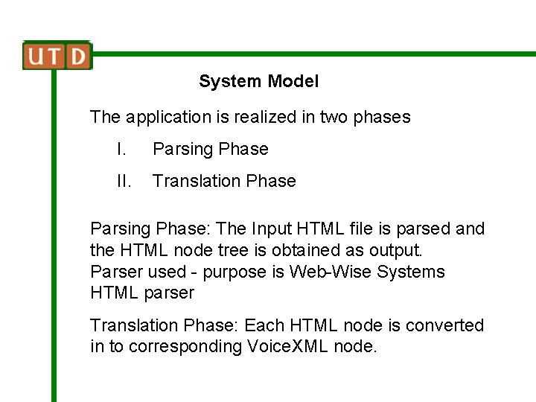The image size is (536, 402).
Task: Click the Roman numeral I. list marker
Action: [x=121, y=149]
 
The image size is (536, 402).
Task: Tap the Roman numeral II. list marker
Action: [x=123, y=181]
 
